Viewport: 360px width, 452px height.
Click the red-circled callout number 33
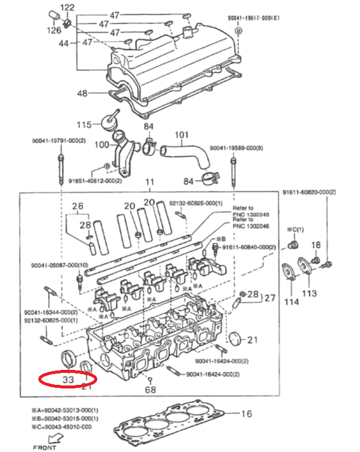67,379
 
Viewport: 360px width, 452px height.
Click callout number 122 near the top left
68,8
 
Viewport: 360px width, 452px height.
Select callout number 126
55,29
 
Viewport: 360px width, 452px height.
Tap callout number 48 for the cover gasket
82,93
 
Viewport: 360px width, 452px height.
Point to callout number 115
84,125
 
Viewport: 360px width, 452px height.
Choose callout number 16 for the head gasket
246,414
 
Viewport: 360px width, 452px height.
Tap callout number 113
309,293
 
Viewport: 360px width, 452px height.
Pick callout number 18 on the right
316,245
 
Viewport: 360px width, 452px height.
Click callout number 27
270,297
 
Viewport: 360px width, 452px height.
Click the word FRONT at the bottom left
46,447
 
